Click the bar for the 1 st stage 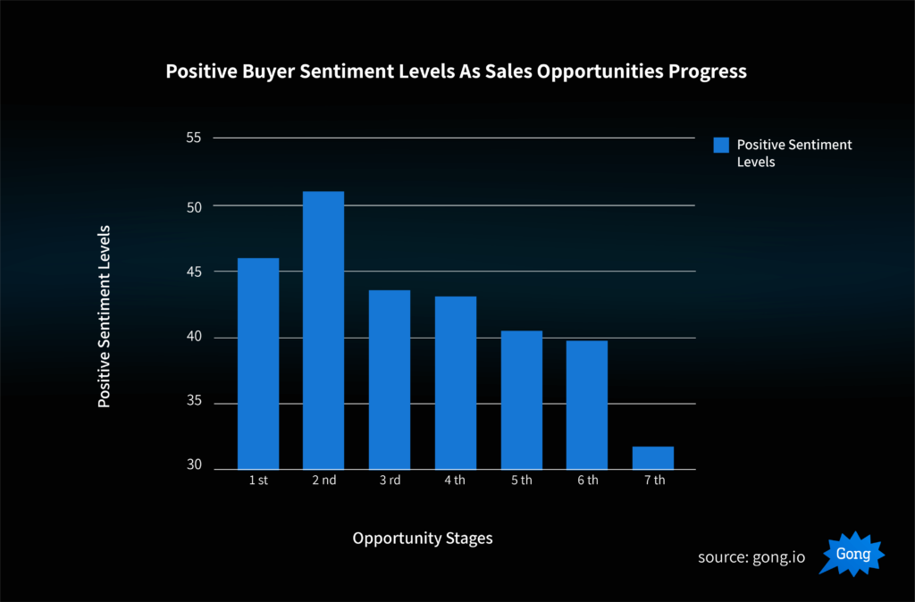tap(258, 364)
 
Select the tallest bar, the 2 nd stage tap(323, 330)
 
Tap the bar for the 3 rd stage tap(390, 380)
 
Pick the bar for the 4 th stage tap(456, 382)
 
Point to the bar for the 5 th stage tap(521, 400)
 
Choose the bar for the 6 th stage tap(586, 405)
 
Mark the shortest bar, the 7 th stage tap(652, 457)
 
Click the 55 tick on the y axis tap(194, 138)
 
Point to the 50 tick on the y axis tap(194, 205)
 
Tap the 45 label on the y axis tap(194, 272)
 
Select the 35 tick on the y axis tap(194, 403)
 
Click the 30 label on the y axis tap(194, 466)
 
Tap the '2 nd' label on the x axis tap(323, 481)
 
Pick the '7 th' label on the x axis tap(653, 481)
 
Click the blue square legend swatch tap(721, 146)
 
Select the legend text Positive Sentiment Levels tap(793, 154)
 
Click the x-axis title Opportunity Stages tap(422, 539)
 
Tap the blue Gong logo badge tap(852, 555)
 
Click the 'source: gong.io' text tap(751, 557)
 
